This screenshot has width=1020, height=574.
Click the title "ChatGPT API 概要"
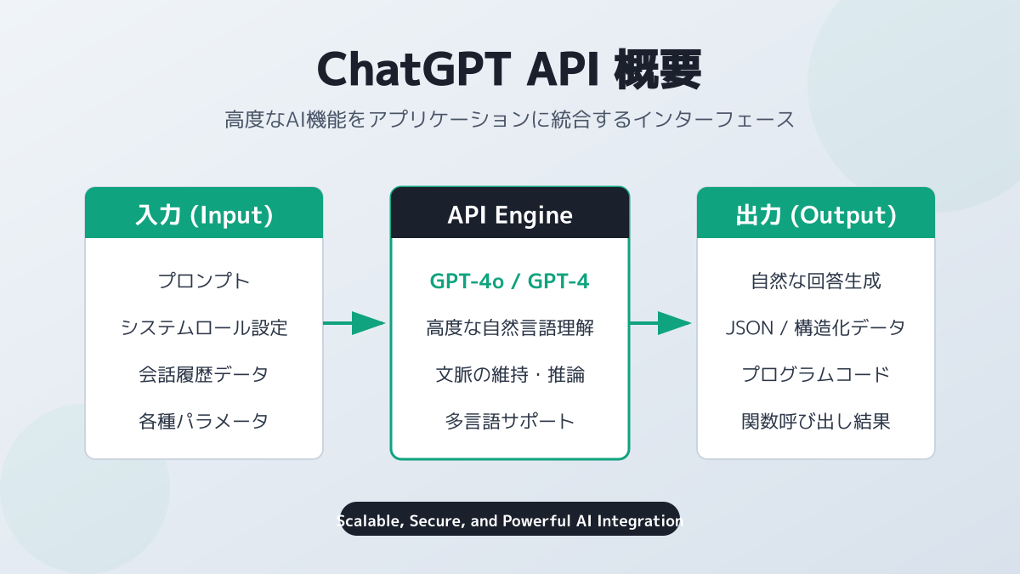pos(509,71)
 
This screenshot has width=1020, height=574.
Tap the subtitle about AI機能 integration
pos(509,119)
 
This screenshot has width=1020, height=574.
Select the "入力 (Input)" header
pos(204,215)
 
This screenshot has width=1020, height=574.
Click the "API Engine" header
pos(510,215)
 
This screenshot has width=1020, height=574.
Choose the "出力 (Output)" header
pos(816,215)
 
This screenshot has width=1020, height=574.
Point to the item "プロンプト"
pos(204,281)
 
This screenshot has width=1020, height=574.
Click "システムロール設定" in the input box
pos(204,327)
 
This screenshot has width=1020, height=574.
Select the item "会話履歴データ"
pos(204,374)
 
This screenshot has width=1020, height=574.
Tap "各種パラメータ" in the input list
pos(204,421)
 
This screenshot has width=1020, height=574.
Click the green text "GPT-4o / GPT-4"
pos(510,281)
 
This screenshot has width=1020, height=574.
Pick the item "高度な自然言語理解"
pos(510,327)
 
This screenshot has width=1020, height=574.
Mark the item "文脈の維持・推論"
pos(510,374)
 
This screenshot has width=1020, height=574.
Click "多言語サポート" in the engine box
pos(510,421)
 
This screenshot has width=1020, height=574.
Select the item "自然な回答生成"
pos(816,281)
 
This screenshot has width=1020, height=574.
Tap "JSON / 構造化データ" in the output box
pos(816,327)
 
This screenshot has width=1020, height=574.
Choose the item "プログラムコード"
pos(816,374)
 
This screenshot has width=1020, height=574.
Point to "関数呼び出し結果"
pos(816,421)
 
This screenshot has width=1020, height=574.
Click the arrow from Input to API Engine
pos(355,323)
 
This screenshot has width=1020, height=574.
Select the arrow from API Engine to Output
pos(661,323)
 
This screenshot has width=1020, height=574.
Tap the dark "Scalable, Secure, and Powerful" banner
pos(510,520)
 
